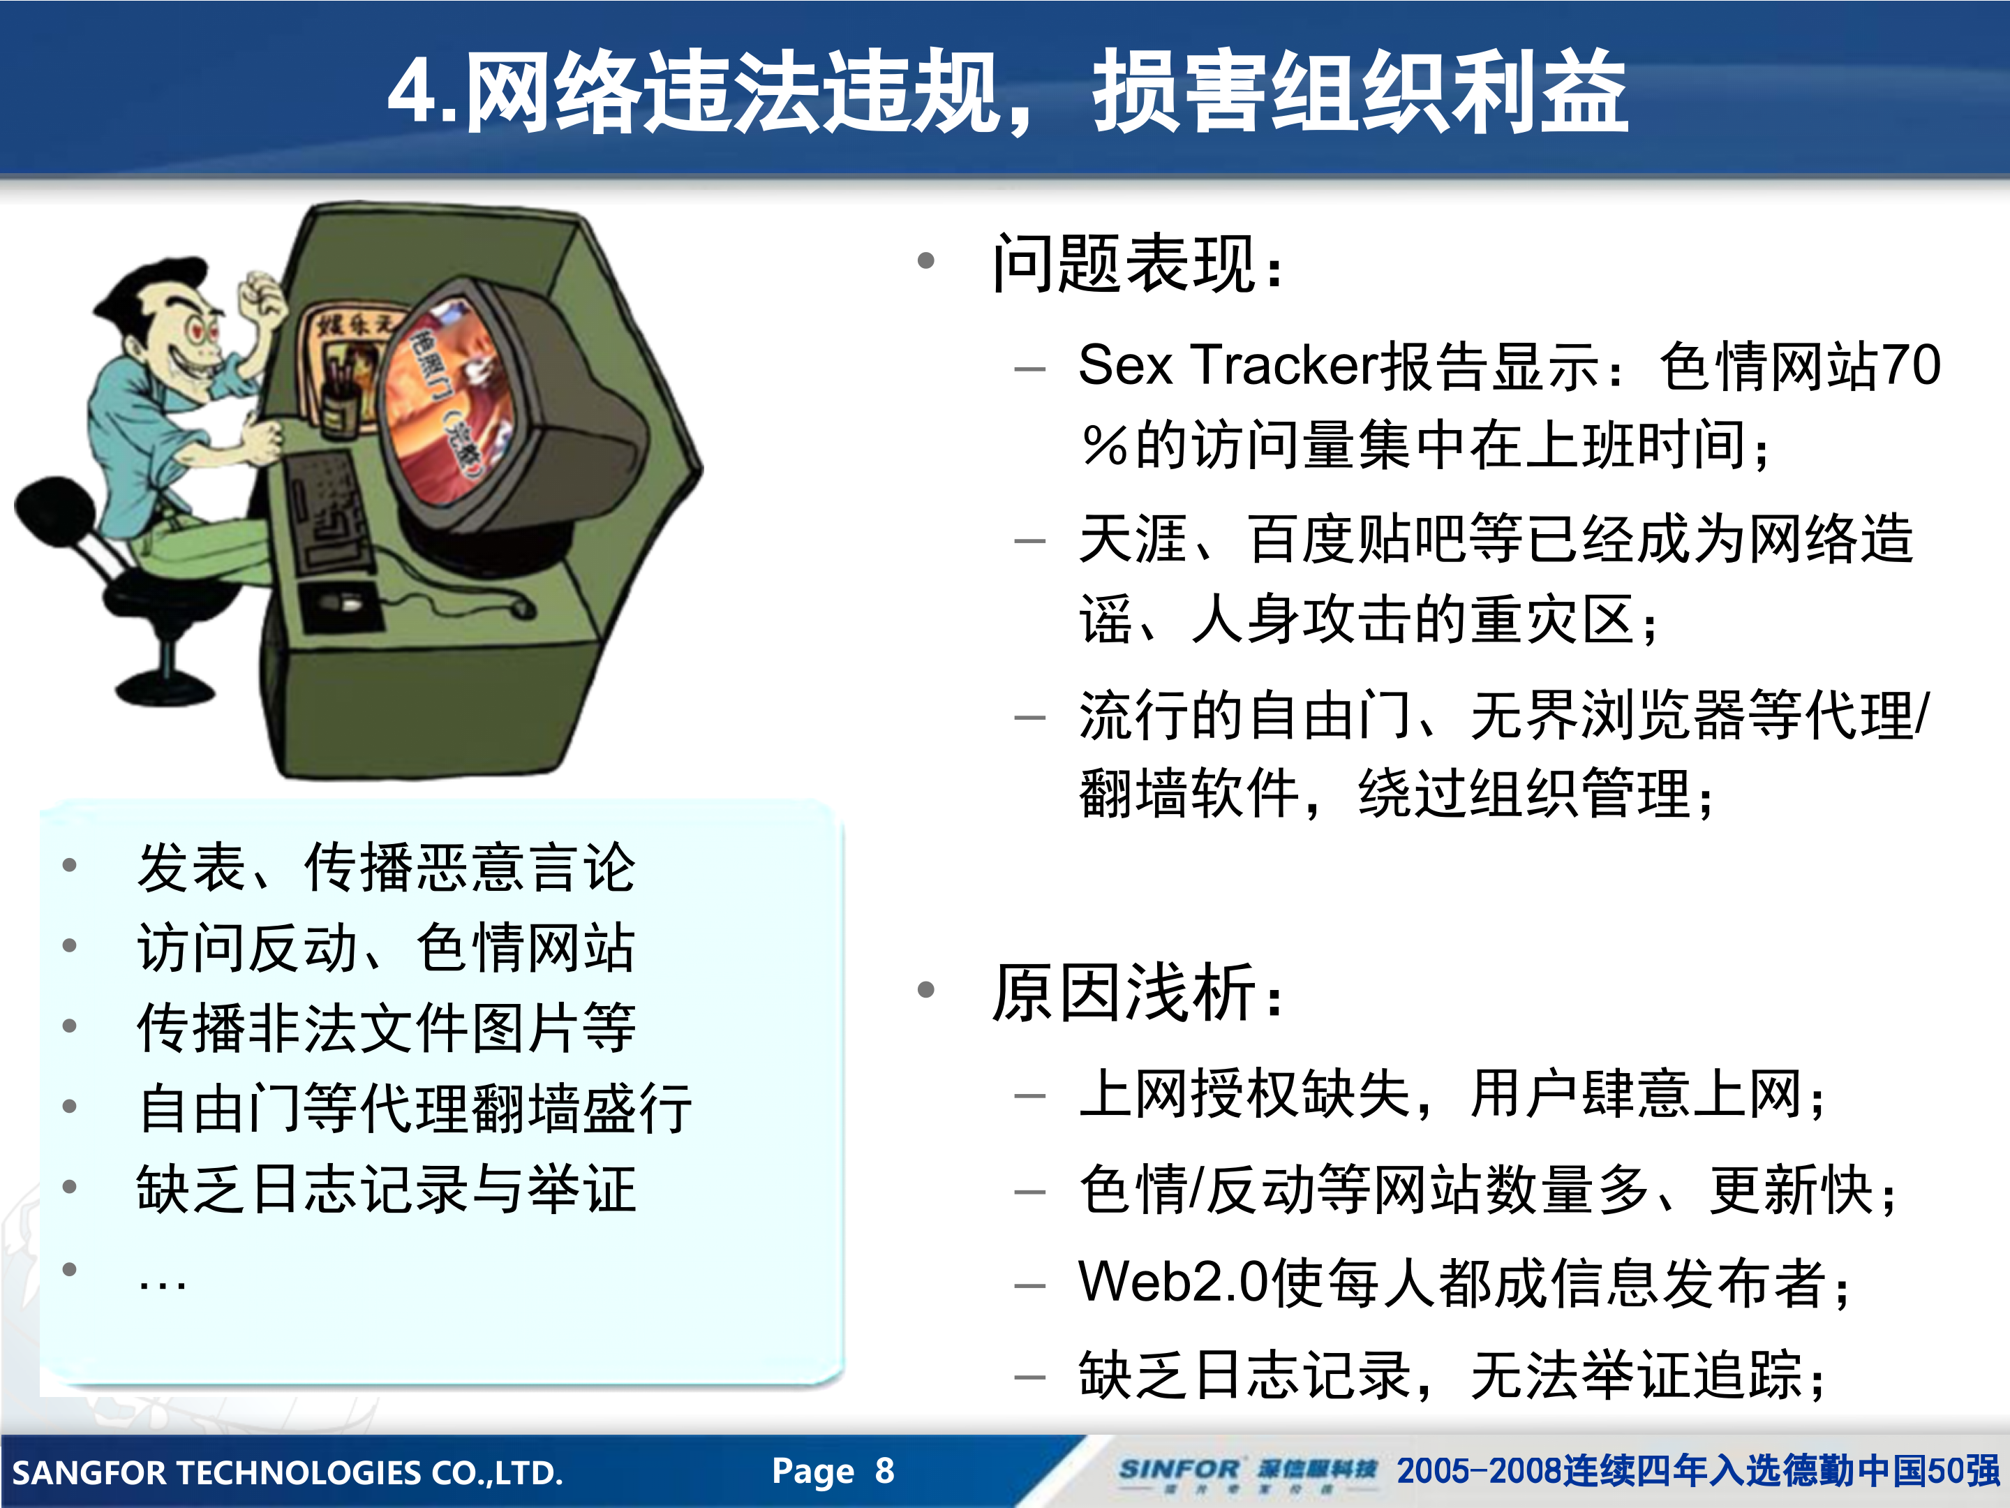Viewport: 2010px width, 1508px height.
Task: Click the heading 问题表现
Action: (x=1126, y=265)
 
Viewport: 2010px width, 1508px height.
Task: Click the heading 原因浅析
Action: (x=1126, y=993)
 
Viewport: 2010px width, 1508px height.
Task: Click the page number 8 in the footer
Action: (x=884, y=1470)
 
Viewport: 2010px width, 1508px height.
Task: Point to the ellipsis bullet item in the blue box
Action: (x=163, y=1282)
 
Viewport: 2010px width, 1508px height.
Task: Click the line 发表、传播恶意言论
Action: (x=386, y=867)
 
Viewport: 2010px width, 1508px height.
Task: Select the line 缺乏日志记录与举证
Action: (x=386, y=1189)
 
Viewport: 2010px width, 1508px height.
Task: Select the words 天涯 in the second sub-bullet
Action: (x=1132, y=538)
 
